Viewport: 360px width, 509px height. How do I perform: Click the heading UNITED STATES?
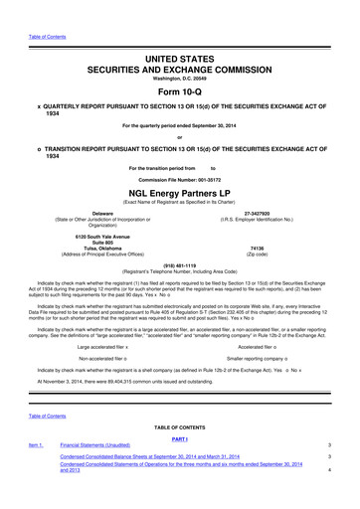click(x=180, y=35)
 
